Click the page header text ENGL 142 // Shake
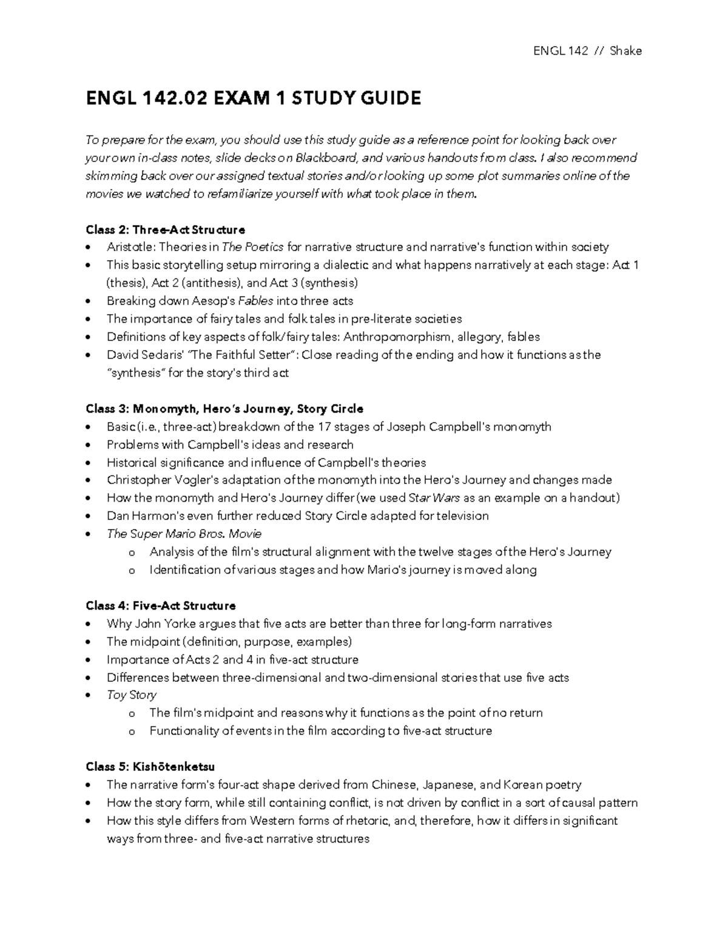coord(587,51)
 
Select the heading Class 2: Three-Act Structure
coord(165,229)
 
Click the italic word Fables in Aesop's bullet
coord(257,301)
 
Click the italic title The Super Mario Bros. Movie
coord(184,534)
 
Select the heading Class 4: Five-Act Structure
coord(161,605)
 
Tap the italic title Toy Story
coord(131,695)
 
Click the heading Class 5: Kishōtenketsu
coord(150,767)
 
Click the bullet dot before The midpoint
coord(90,642)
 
